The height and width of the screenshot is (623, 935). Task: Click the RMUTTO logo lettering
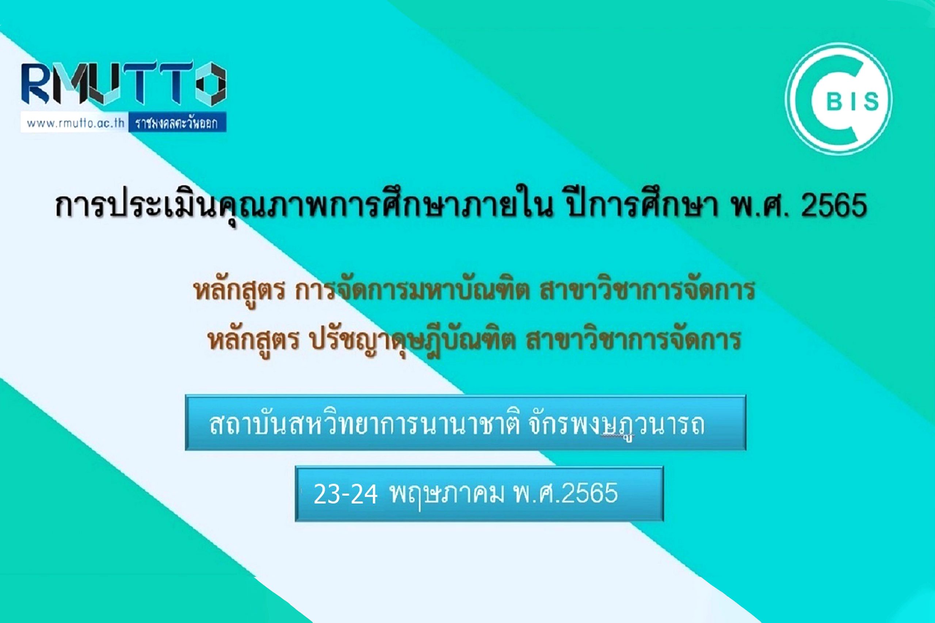124,84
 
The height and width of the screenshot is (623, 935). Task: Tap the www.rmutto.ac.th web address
76,123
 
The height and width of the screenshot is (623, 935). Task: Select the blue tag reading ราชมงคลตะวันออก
177,123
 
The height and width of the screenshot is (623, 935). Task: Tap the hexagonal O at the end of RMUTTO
211,84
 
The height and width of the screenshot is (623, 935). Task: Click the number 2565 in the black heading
833,206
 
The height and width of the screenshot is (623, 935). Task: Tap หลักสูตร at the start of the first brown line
239,291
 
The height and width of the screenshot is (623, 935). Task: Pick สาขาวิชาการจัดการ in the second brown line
633,340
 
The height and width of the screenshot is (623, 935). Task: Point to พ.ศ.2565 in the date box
566,493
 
